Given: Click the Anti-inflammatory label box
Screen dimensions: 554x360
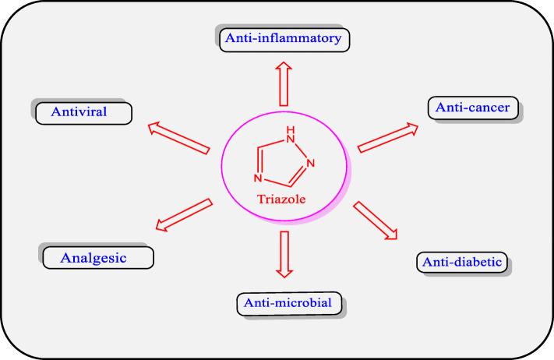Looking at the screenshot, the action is (x=284, y=40).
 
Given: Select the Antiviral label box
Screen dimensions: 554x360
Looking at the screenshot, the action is (x=83, y=113).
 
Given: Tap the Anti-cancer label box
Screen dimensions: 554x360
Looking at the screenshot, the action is (x=473, y=108).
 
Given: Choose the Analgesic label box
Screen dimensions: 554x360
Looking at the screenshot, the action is (x=98, y=258).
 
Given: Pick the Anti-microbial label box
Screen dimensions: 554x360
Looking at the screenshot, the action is (x=289, y=303).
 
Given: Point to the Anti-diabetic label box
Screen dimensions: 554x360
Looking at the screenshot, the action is (x=462, y=262).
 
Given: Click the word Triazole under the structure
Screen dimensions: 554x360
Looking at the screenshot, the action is (x=281, y=199).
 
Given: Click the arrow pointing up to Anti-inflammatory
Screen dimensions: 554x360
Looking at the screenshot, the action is (x=284, y=83).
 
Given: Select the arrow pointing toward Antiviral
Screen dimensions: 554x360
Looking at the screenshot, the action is (x=178, y=138).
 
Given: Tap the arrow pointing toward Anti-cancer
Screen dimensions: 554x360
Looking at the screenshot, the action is (x=388, y=138).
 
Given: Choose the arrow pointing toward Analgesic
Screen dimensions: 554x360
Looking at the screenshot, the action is (x=184, y=215).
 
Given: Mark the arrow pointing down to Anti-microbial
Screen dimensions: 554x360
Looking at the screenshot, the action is (x=284, y=254).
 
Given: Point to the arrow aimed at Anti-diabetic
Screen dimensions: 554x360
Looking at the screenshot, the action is (x=376, y=221).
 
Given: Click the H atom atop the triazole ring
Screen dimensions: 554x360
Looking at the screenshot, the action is (x=291, y=129).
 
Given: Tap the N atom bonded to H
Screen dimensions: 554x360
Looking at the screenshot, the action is (x=291, y=139).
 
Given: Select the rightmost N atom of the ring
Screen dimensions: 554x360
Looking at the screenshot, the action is (x=311, y=163).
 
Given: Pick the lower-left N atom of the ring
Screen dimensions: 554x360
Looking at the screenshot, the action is (x=258, y=178).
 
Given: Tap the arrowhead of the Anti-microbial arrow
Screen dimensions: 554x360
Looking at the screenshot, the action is (x=284, y=273).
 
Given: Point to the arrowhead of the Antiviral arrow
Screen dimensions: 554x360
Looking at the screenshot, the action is (x=154, y=128).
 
